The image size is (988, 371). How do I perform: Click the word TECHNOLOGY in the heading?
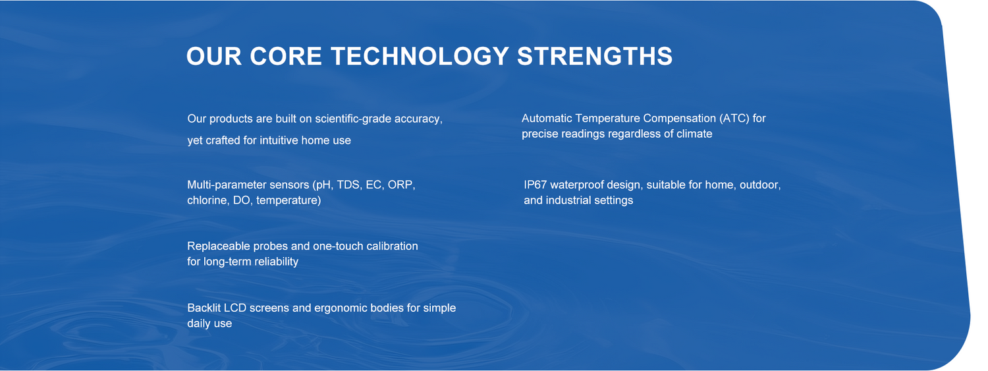click(x=420, y=57)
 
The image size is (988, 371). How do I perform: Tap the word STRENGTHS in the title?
click(x=595, y=57)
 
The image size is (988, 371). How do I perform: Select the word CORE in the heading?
click(x=286, y=57)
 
